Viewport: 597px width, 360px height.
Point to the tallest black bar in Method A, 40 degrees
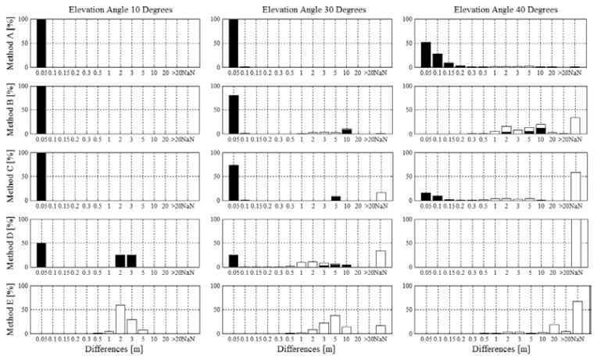(426, 55)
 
